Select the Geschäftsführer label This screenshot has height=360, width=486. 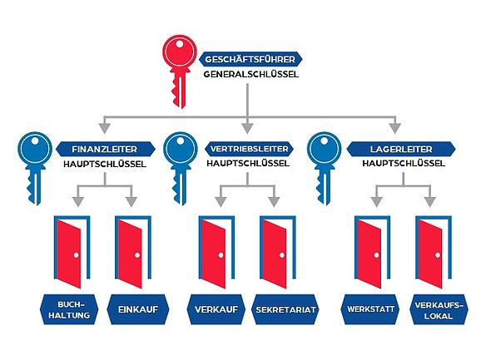[x=250, y=59]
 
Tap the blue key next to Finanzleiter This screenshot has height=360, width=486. [x=35, y=167]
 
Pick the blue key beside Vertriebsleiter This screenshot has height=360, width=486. [x=180, y=167]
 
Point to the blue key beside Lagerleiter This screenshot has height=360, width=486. [x=325, y=167]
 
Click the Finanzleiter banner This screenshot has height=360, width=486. [x=105, y=149]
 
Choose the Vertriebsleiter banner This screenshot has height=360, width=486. [x=249, y=149]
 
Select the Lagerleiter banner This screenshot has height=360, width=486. [x=401, y=149]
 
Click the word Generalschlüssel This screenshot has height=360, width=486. [x=251, y=75]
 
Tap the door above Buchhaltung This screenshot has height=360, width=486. [x=72, y=252]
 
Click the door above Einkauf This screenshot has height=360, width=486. [x=133, y=252]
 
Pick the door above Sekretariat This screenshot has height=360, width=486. [x=278, y=252]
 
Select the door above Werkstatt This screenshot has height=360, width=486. [x=372, y=252]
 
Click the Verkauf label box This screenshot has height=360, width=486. [x=216, y=309]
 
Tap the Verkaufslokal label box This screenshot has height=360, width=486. [x=439, y=309]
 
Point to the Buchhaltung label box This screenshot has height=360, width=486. [x=69, y=309]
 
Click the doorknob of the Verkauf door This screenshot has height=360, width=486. [x=221, y=255]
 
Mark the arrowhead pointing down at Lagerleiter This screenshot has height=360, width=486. [x=394, y=128]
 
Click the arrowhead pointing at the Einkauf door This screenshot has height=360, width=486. [x=131, y=202]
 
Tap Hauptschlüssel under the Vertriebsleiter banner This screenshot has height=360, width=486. [x=248, y=164]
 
